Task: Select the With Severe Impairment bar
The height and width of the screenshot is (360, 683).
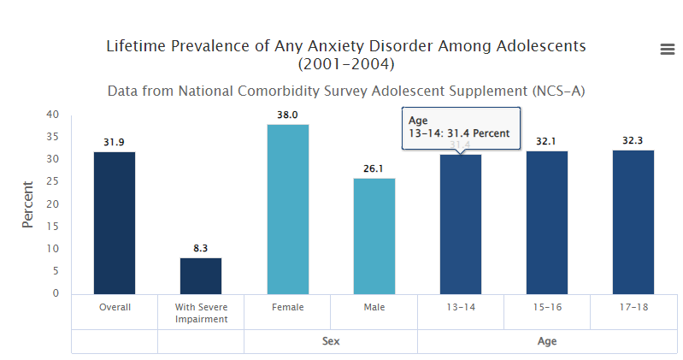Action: pyautogui.click(x=201, y=275)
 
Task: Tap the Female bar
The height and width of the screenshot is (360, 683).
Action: pyautogui.click(x=288, y=210)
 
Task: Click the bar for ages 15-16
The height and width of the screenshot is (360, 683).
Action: pyautogui.click(x=547, y=222)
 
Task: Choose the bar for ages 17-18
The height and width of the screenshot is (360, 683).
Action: pyautogui.click(x=633, y=222)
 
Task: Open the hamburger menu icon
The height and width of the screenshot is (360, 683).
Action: pyautogui.click(x=668, y=50)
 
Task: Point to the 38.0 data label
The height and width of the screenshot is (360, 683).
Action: pyautogui.click(x=287, y=115)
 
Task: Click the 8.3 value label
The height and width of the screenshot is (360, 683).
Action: pyautogui.click(x=201, y=248)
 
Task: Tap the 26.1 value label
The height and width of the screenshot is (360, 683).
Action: pyautogui.click(x=374, y=168)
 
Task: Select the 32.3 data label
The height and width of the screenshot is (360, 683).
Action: pyautogui.click(x=633, y=140)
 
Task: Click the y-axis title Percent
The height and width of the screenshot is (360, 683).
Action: pyautogui.click(x=27, y=204)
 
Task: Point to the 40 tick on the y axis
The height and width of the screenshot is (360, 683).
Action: pyautogui.click(x=53, y=115)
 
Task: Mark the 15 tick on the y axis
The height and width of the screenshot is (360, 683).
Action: pyautogui.click(x=53, y=227)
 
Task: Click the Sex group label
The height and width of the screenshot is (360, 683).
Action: pyautogui.click(x=331, y=341)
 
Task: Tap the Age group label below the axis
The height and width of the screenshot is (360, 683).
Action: pyautogui.click(x=547, y=341)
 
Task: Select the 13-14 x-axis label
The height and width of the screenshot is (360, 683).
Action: pyautogui.click(x=461, y=307)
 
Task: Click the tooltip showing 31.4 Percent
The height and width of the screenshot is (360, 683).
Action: pyautogui.click(x=460, y=127)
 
